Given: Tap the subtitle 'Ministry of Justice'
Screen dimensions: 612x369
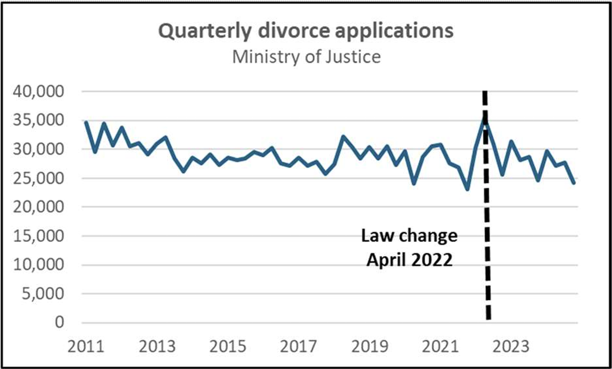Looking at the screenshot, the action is pos(306,57).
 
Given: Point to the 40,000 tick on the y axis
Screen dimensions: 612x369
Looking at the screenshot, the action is pos(38,91).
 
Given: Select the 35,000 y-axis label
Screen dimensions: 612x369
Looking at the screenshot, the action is pos(38,120).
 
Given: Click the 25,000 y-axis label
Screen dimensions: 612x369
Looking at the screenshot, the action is pos(38,178).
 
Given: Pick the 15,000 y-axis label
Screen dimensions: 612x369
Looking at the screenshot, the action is pos(38,236).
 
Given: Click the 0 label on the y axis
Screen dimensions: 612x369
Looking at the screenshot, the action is pos(59,323).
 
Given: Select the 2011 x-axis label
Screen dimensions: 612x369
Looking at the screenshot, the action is pos(86,347).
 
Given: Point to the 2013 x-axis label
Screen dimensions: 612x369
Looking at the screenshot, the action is pos(157,347).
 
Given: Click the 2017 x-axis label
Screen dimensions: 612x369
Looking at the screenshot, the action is pos(299,347).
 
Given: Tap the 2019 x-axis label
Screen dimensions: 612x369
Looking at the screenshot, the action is pos(370,347).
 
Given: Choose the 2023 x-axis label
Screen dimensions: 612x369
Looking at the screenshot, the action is pos(511,347).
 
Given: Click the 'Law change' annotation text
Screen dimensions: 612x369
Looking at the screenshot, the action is pos(409,236).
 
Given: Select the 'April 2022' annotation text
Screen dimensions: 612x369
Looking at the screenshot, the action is pos(409,260).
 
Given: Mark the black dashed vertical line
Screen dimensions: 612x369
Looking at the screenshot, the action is pos(486,205).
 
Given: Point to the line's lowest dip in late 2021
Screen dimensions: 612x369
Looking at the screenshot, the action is pos(467,189).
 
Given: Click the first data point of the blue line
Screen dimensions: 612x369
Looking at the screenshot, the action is pos(86,122).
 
